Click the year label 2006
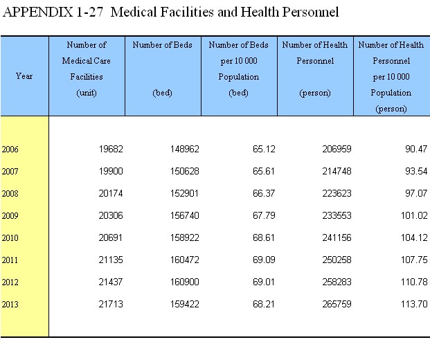(x=10, y=149)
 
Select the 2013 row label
(x=10, y=305)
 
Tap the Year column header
(x=24, y=76)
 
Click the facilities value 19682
(x=111, y=149)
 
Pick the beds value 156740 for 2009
(x=185, y=215)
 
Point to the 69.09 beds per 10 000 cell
(x=264, y=260)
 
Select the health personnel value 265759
(x=337, y=304)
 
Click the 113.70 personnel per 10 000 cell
(x=414, y=304)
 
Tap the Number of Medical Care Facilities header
(x=87, y=69)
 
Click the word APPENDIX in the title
(x=38, y=12)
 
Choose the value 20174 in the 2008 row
(x=111, y=193)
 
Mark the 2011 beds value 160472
(x=185, y=260)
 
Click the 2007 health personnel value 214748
(x=337, y=171)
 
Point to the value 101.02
(x=414, y=215)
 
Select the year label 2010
(x=10, y=237)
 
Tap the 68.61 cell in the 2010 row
(x=264, y=237)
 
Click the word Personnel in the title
(x=310, y=12)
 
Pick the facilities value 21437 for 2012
(x=111, y=282)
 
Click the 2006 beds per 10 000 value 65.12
(x=264, y=149)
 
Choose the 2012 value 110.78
(x=414, y=282)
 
